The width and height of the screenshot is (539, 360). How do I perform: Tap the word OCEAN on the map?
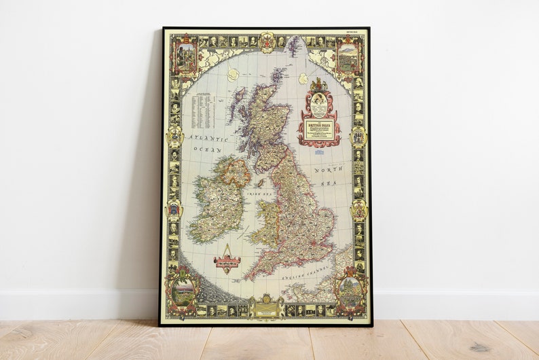pos(208,148)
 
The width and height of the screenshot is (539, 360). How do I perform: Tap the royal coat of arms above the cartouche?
pos(318,86)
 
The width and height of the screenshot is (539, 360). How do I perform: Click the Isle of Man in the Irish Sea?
pos(259,183)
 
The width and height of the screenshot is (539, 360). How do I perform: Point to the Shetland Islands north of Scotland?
pos(293,46)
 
